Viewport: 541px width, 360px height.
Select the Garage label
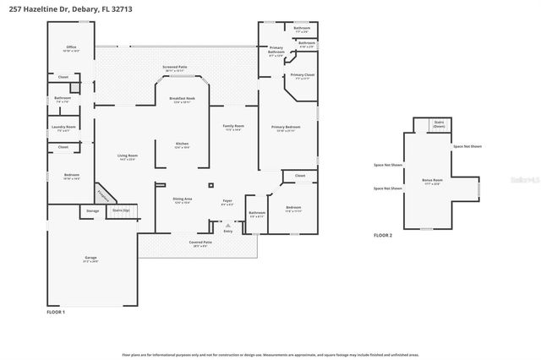[90, 259]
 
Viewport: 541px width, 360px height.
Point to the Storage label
[92, 210]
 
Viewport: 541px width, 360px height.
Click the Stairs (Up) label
[121, 210]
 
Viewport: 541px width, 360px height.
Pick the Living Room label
[128, 157]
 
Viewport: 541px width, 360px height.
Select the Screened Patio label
[175, 67]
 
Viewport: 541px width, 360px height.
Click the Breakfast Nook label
[183, 100]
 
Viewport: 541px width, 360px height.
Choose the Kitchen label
[181, 144]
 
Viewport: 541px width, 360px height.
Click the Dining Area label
[183, 200]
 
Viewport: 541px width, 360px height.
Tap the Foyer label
[227, 202]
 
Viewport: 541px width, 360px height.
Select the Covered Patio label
[200, 243]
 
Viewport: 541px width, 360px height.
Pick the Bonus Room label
[431, 181]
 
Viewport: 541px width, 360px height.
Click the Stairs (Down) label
[438, 123]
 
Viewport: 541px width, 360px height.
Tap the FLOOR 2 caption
[383, 235]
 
